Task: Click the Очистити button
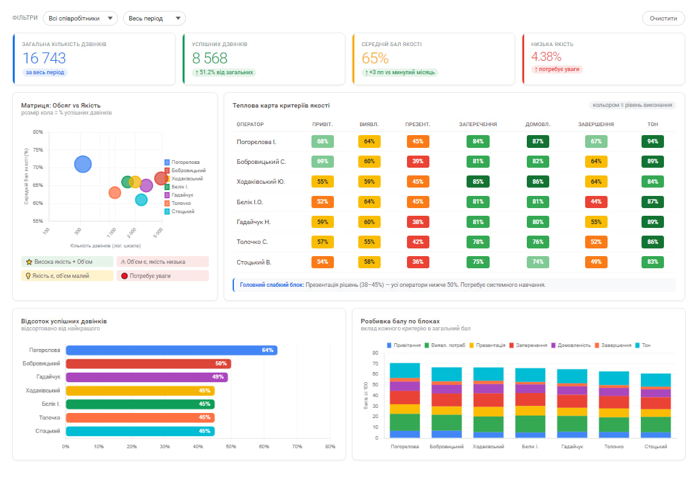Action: tap(663, 19)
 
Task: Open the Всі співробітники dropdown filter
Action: tap(80, 19)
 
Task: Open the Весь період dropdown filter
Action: tap(154, 19)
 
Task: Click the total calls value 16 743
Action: tap(44, 58)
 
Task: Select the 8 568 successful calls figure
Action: tap(210, 58)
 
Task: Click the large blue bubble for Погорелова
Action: tap(83, 165)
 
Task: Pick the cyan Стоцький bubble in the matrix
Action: tap(142, 199)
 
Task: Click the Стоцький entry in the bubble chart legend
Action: tap(183, 211)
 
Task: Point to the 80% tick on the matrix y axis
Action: tap(37, 133)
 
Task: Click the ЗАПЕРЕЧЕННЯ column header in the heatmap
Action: tap(478, 124)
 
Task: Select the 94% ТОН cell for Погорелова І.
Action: tap(652, 141)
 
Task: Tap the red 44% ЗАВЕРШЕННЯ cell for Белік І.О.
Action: tap(596, 202)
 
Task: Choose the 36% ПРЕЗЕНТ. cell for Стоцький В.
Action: tap(417, 263)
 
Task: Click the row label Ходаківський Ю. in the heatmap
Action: tap(261, 182)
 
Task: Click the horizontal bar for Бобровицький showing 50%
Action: tap(148, 364)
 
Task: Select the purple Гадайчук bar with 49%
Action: tap(146, 377)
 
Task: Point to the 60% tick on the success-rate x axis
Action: tap(264, 447)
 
